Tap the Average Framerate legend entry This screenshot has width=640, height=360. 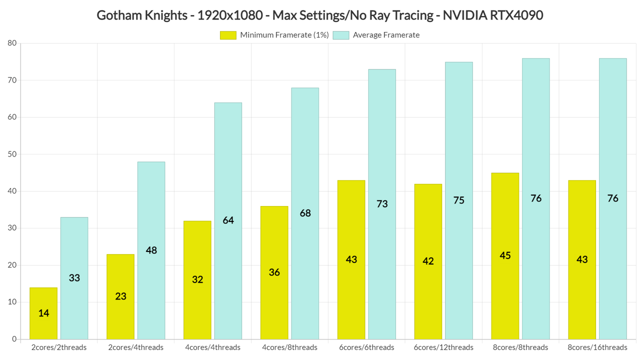[x=376, y=35]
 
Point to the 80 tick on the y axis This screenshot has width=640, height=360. [x=12, y=43]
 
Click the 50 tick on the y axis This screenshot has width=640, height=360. [x=12, y=154]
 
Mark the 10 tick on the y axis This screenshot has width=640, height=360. [x=12, y=302]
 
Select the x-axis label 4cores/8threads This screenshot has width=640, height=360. [x=289, y=347]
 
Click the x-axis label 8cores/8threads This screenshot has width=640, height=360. [x=520, y=347]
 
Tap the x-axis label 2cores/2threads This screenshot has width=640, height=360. [x=59, y=347]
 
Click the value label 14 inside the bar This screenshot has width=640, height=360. [x=43, y=313]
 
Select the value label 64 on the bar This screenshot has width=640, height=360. [x=228, y=220]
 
